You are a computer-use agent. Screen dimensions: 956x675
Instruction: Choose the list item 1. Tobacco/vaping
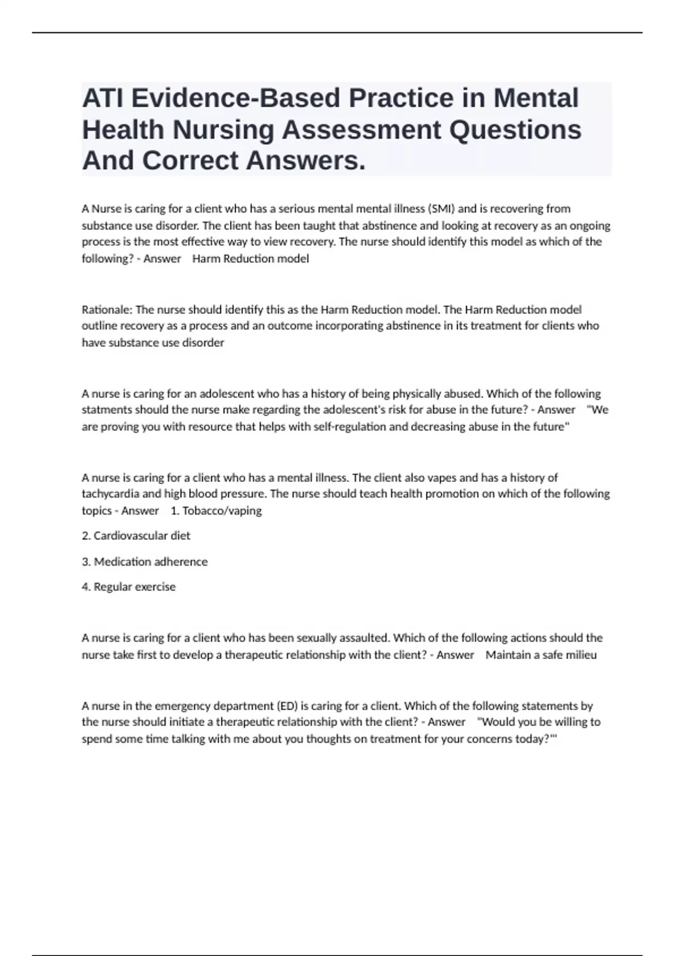(216, 511)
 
